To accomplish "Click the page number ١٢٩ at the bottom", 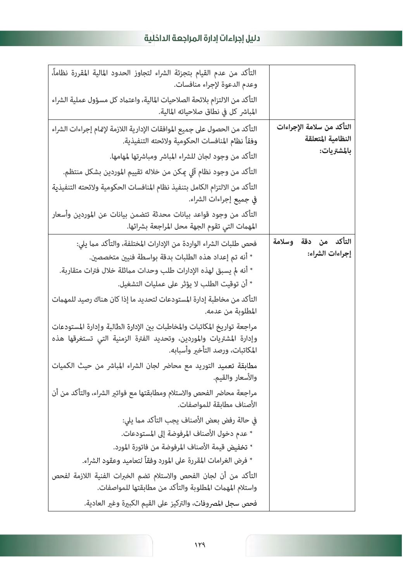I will (x=200, y=545).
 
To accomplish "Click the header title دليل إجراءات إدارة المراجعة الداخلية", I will (x=202, y=38).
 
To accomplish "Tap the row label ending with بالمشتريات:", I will (x=335, y=151).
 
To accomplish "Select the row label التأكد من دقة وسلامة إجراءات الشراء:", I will (x=312, y=248).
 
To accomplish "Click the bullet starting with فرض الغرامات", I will (x=167, y=461).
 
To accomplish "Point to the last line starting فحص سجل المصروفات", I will (x=170, y=503).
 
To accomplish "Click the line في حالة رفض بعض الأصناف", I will (x=189, y=420).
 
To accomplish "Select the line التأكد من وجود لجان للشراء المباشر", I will (x=183, y=156).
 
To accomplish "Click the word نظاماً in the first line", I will (x=61, y=72).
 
